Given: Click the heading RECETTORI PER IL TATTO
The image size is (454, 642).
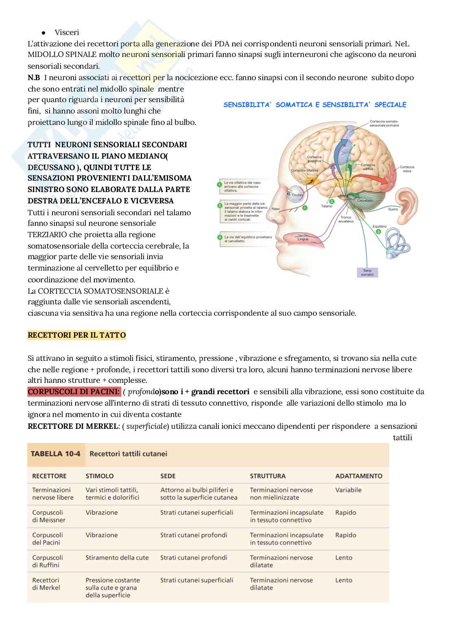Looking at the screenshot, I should coord(76,336).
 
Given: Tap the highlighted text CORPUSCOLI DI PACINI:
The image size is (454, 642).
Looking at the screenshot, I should coord(74,392).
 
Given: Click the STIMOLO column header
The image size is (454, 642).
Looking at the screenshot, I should coord(99,476).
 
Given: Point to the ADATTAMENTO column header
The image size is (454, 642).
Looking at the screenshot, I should coord(358,476).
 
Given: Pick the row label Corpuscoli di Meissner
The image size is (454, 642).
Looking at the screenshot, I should coord(48,516).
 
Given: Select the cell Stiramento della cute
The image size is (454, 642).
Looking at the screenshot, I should coord(117,558).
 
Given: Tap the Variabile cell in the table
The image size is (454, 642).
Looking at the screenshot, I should coord(348,490).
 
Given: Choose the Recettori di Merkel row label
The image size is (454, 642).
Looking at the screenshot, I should coord(46,584).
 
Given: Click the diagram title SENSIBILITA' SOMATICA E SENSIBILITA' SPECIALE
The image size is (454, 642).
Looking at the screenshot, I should coord(314,105).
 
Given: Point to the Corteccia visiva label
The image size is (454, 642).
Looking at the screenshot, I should coord(406,169).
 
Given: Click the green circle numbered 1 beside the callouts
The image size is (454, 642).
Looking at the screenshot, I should coord(219,184).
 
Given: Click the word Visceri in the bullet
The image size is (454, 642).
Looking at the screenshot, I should coord(67,33).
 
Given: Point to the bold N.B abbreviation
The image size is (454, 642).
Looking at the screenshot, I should coord(34,78).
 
